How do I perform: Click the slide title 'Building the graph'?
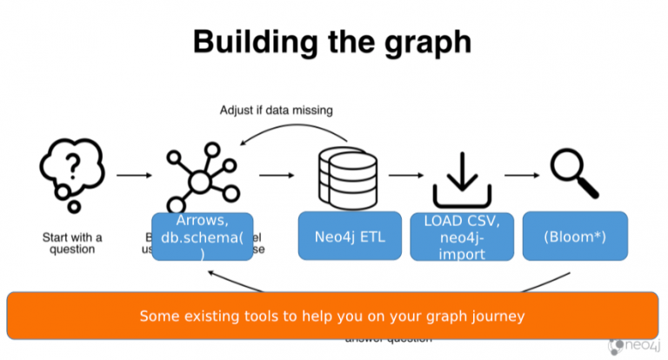click(333, 41)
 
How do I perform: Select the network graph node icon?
click(201, 173)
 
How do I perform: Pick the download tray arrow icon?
click(463, 178)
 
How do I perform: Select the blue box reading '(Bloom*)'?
click(574, 236)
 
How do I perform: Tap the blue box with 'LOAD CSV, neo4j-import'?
click(462, 235)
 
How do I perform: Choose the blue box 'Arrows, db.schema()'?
click(202, 236)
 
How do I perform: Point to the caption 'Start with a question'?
click(72, 243)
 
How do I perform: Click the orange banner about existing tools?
click(332, 315)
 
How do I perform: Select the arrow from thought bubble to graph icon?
click(132, 176)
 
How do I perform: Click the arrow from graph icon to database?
click(277, 176)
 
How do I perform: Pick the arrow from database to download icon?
click(406, 176)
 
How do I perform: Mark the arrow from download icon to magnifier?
click(520, 176)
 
